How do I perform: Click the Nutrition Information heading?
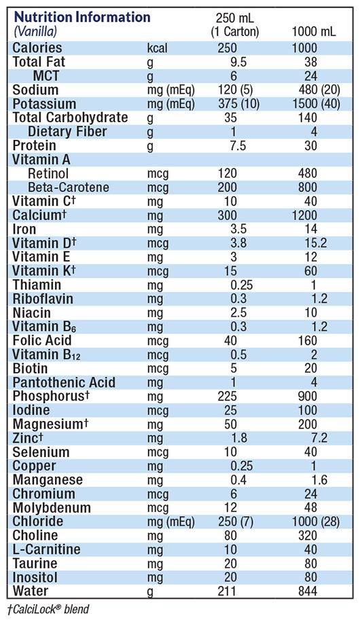pos(82,17)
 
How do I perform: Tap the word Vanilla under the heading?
pos(36,31)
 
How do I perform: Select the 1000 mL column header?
pos(314,31)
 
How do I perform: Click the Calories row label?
pos(37,48)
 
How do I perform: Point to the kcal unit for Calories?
pos(157,48)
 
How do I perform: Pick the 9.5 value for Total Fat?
pos(238,62)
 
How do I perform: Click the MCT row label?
pos(46,76)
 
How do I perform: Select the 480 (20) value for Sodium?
pos(319,90)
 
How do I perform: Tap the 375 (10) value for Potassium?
pos(238,104)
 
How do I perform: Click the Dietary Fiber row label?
pos(67,131)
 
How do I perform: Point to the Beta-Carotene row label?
pos(69,187)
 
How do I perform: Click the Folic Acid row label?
pos(42,340)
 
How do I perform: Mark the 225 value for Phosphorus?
pos(227,397)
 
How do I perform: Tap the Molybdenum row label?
pos(52,508)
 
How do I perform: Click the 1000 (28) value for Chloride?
pos(316,522)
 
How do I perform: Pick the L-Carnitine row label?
pos(46,549)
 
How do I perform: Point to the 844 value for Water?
pos(308,591)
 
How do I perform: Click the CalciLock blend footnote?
pos(48,609)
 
